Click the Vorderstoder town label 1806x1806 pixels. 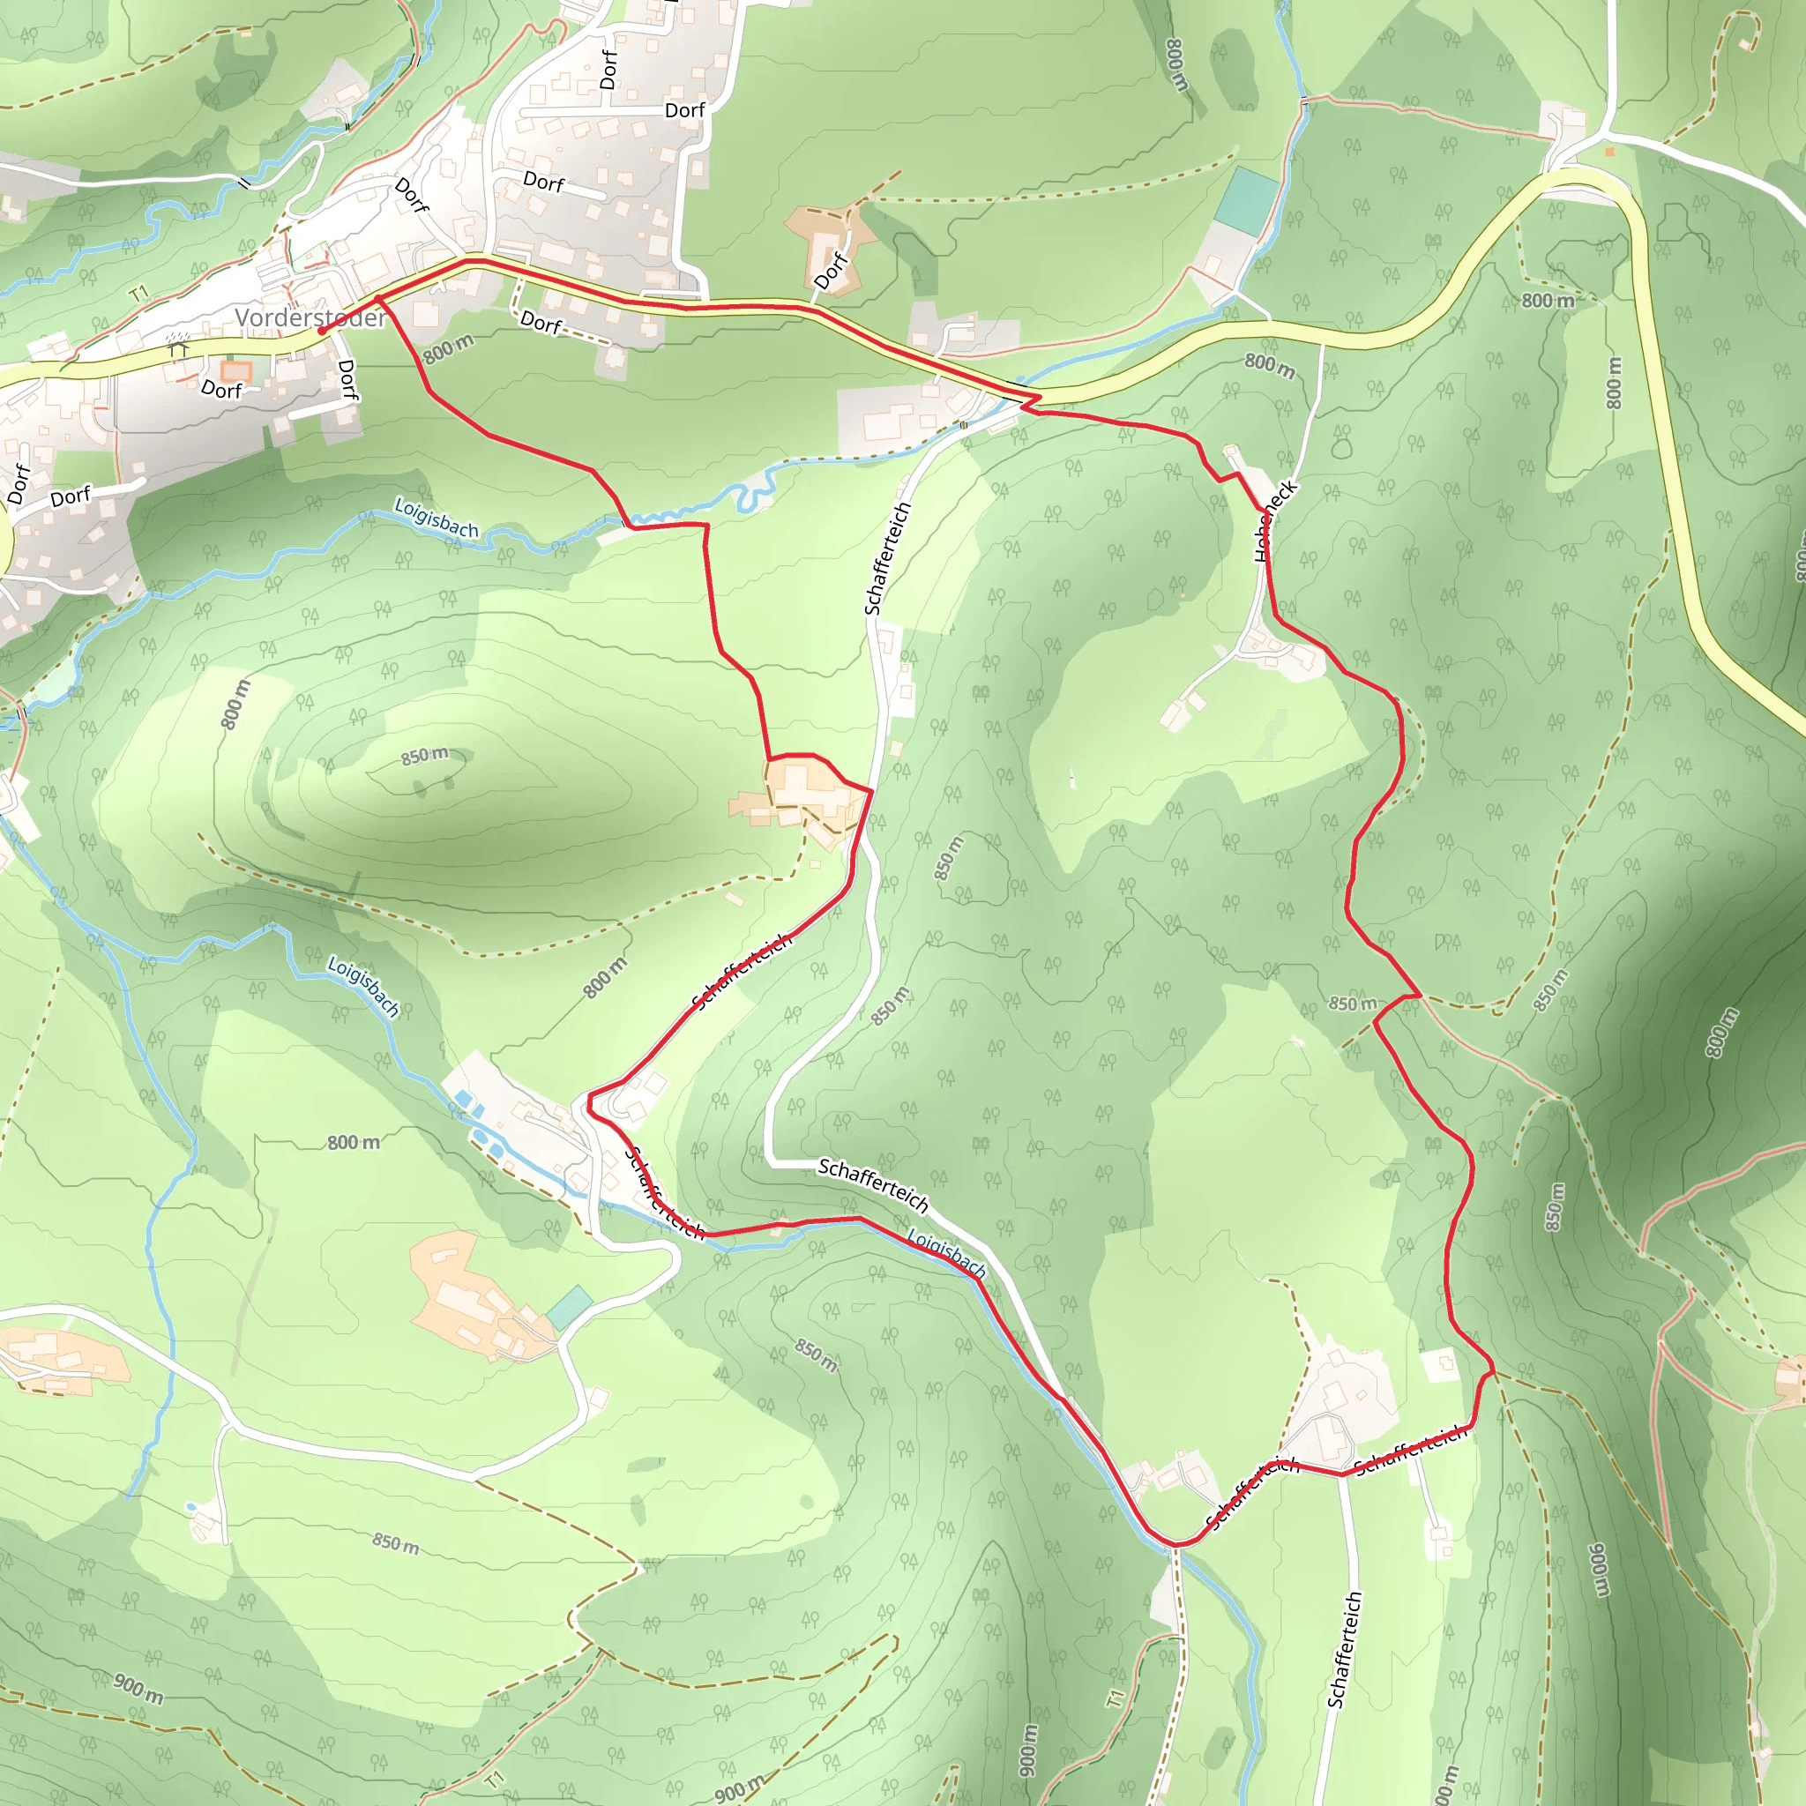(x=310, y=317)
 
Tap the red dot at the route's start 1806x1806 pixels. (x=321, y=331)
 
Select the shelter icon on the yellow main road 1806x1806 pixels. (x=178, y=347)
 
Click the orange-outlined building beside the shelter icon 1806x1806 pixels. (x=235, y=371)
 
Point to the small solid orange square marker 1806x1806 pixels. (x=1608, y=152)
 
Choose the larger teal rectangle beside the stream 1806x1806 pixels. (x=1246, y=202)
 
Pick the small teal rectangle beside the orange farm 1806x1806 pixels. (x=569, y=1308)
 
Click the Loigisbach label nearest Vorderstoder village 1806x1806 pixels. (x=437, y=517)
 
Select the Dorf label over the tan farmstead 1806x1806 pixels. (x=830, y=271)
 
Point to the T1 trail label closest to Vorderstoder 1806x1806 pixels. (x=139, y=295)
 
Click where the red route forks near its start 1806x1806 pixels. (x=378, y=299)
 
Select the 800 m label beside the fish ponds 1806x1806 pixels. (x=354, y=1142)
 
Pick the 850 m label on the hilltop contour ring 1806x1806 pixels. (x=425, y=756)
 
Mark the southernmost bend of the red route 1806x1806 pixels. (x=1176, y=1543)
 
